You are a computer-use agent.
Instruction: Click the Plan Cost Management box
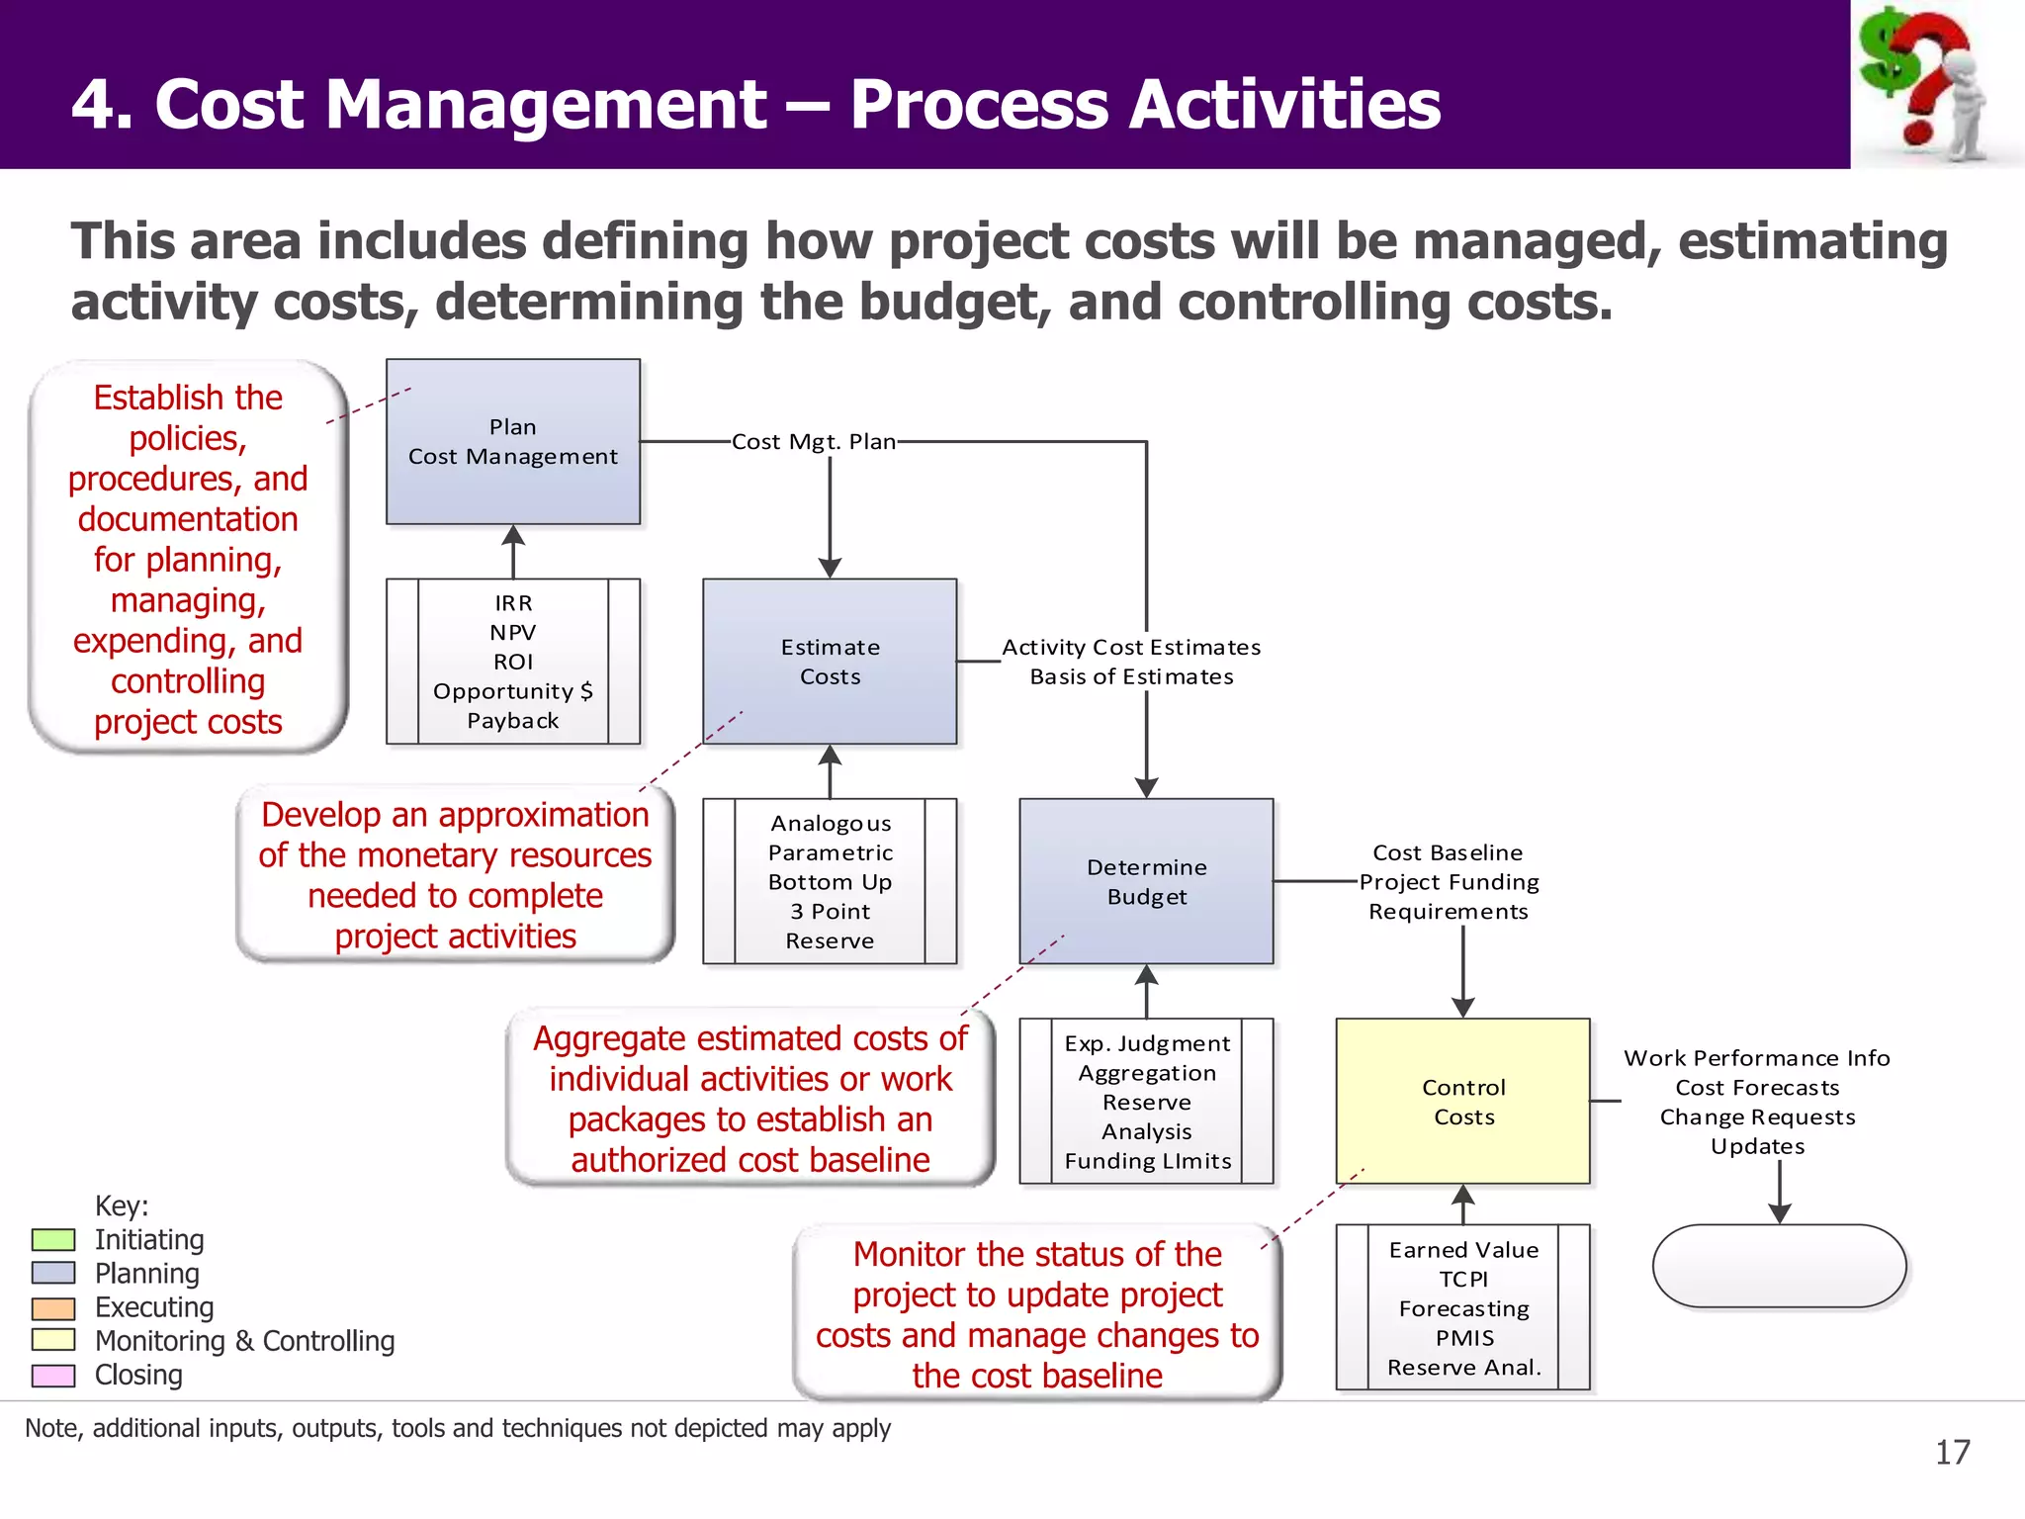(x=512, y=442)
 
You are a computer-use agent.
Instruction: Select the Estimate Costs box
(x=829, y=662)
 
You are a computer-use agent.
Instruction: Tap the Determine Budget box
(x=1146, y=881)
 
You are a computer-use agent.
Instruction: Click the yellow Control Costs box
(x=1462, y=1101)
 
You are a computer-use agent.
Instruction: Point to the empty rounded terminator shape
(x=1779, y=1266)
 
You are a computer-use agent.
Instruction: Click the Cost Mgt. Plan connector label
(x=813, y=442)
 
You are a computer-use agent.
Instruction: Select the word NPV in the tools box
(x=512, y=632)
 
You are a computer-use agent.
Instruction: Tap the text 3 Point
(x=830, y=911)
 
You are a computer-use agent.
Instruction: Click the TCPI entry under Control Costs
(x=1463, y=1279)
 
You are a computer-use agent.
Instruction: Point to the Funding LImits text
(x=1147, y=1161)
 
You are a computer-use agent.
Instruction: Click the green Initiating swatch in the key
(x=53, y=1239)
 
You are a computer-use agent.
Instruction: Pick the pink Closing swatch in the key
(x=53, y=1375)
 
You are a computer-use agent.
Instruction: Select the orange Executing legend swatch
(x=53, y=1307)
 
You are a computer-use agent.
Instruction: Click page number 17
(x=1952, y=1452)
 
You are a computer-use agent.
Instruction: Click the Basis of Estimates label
(x=1131, y=676)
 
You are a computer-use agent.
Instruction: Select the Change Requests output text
(x=1757, y=1117)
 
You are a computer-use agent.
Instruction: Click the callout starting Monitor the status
(x=1036, y=1313)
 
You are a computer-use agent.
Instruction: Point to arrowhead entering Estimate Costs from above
(x=830, y=569)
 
